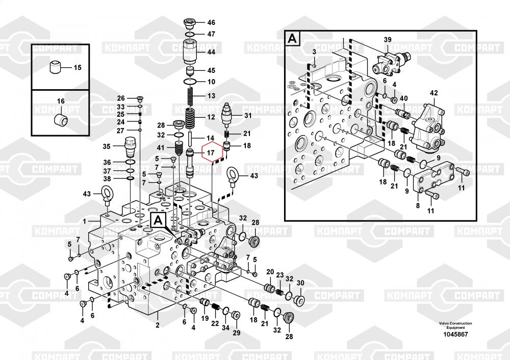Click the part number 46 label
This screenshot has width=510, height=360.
pyautogui.click(x=211, y=22)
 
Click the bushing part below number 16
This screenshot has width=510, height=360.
pyautogui.click(x=61, y=120)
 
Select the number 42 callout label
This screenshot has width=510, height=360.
pyautogui.click(x=434, y=93)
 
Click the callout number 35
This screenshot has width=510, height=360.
pyautogui.click(x=106, y=147)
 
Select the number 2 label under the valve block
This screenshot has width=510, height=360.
pyautogui.click(x=157, y=325)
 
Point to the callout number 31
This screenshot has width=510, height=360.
pyautogui.click(x=248, y=116)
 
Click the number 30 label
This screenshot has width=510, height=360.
pyautogui.click(x=300, y=283)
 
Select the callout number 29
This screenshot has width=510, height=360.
pyautogui.click(x=237, y=333)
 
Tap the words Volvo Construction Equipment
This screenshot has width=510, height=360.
pyautogui.click(x=455, y=325)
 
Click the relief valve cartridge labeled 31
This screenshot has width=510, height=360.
pyautogui.click(x=227, y=115)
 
